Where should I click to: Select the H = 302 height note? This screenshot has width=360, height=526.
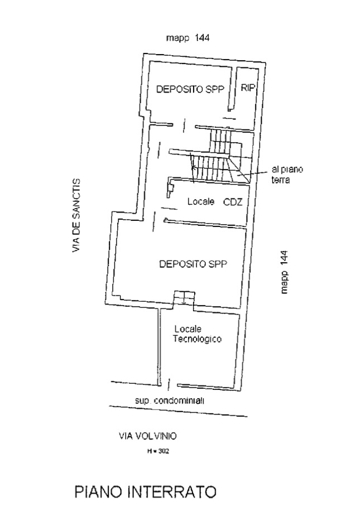click(x=158, y=451)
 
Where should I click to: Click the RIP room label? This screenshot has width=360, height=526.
click(x=248, y=88)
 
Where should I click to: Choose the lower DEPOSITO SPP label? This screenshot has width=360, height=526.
click(x=193, y=264)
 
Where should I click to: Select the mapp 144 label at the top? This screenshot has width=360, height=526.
click(x=188, y=38)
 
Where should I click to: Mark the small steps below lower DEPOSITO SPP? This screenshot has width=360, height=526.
click(x=183, y=298)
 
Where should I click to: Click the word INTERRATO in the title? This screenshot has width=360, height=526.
click(x=172, y=493)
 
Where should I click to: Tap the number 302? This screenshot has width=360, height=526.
click(x=162, y=451)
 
